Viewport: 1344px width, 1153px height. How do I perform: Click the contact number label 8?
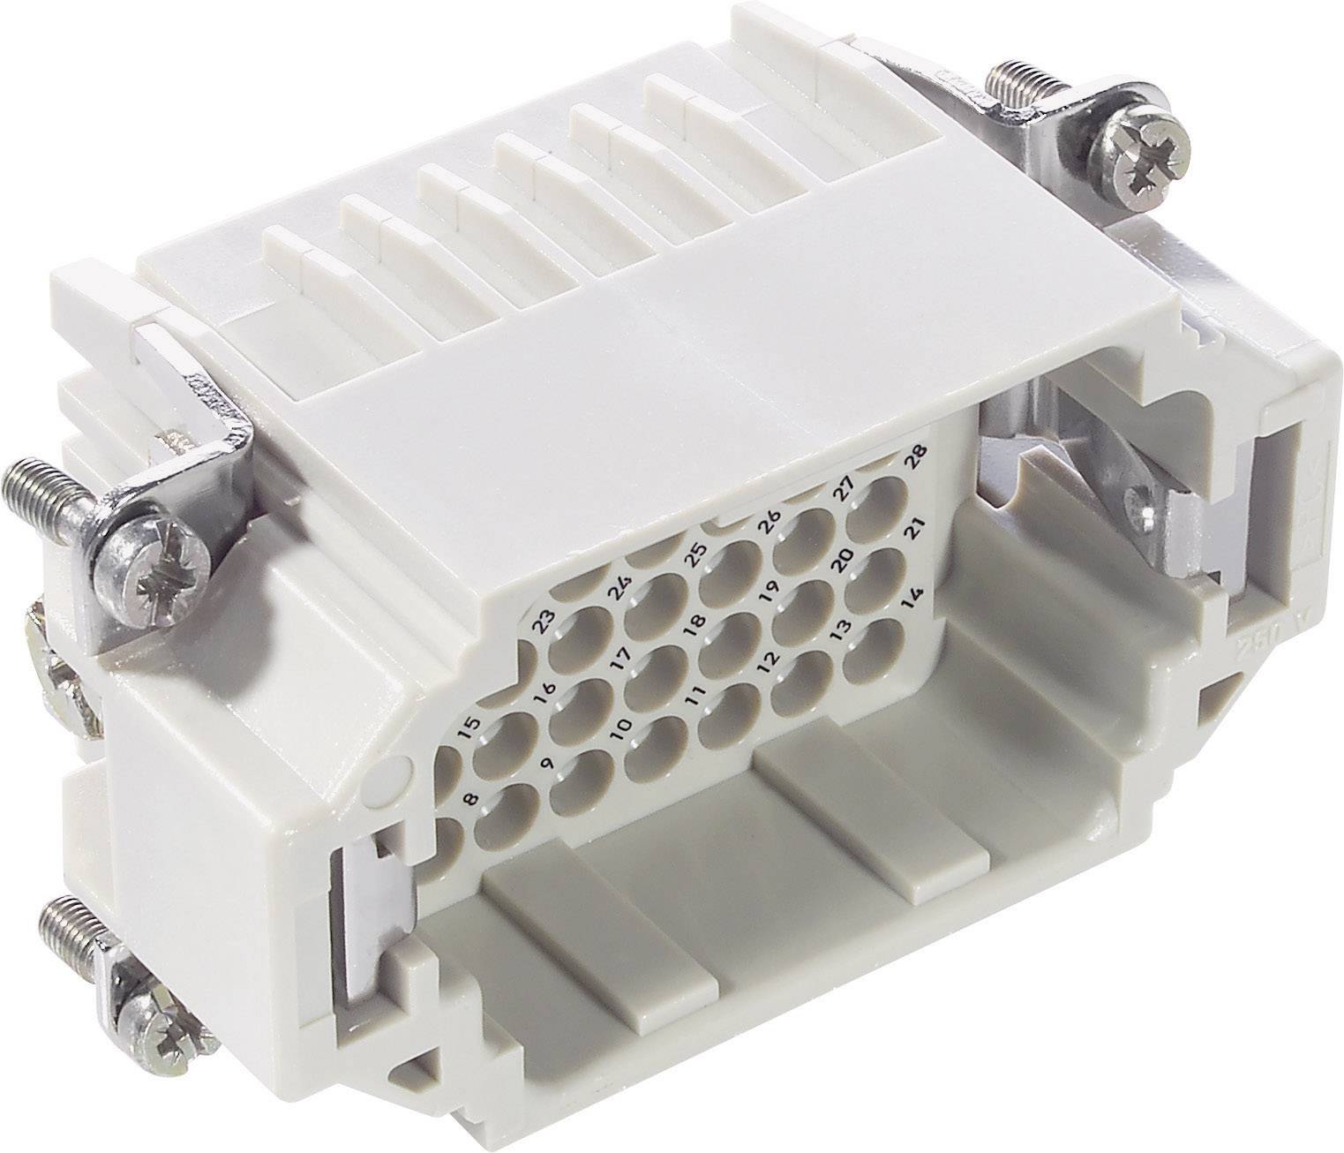[472, 801]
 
